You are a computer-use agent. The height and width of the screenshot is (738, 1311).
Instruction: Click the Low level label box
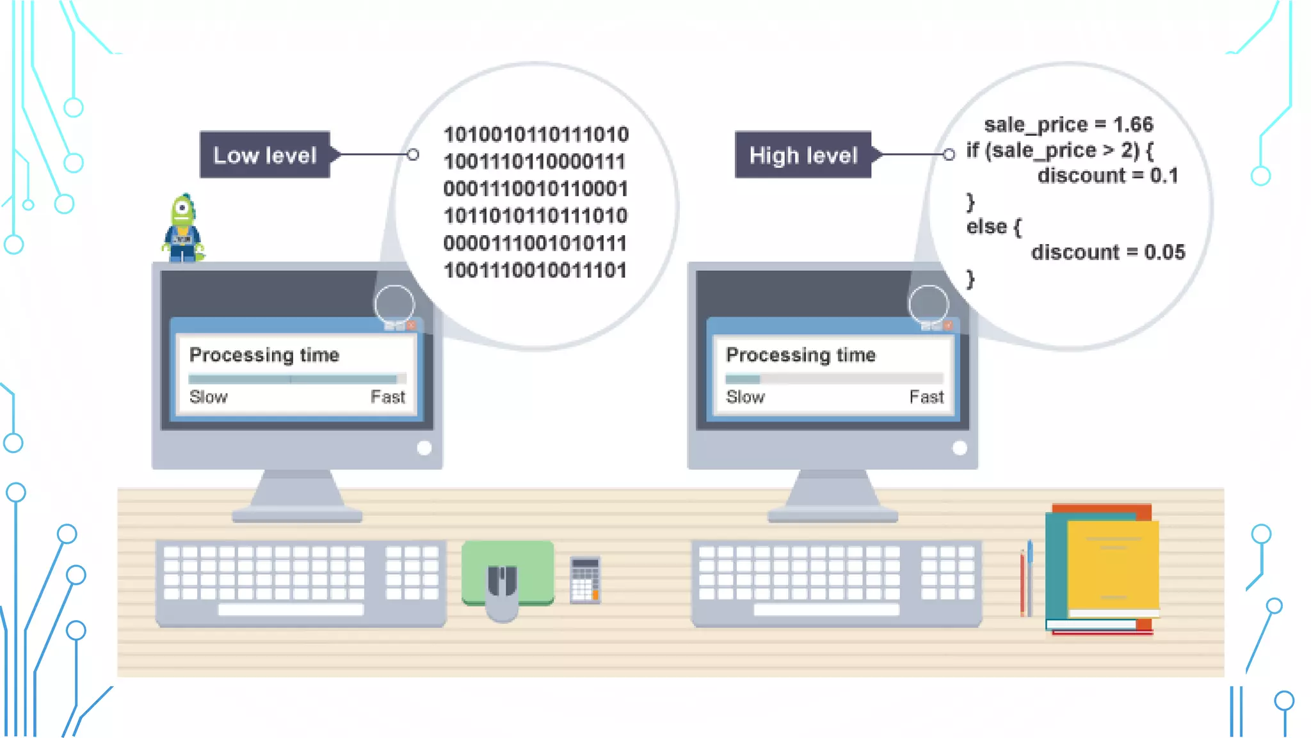tap(265, 155)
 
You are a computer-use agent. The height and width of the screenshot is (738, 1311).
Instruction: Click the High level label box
tap(803, 155)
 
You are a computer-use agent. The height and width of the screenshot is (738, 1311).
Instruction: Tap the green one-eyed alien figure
tap(183, 228)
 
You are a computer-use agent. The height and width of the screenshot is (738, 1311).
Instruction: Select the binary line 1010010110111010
tap(536, 135)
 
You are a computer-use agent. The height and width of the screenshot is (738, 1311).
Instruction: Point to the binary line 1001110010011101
tap(535, 270)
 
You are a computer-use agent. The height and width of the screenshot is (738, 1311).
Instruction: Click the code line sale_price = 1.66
tap(1068, 124)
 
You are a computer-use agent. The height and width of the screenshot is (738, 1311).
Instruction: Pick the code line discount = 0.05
tap(1108, 252)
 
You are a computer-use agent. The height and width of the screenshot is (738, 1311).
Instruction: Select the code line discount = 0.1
tap(1108, 176)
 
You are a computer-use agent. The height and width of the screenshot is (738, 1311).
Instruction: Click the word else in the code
tap(986, 227)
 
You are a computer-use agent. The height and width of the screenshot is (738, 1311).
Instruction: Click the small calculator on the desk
tap(585, 580)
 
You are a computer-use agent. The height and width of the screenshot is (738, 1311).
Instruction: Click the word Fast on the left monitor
tap(388, 397)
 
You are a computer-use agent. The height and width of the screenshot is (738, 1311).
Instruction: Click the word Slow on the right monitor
tap(745, 397)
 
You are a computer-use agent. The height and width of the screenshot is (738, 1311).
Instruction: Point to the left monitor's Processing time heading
tap(264, 355)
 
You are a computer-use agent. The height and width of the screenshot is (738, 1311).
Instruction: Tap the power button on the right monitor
tap(960, 448)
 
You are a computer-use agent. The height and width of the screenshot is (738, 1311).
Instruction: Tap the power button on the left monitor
tap(424, 448)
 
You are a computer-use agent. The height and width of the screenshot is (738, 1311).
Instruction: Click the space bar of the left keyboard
tap(291, 610)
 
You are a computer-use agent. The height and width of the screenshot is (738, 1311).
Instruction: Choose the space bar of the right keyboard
tap(826, 610)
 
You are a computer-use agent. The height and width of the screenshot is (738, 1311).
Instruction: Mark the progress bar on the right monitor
tap(834, 379)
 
